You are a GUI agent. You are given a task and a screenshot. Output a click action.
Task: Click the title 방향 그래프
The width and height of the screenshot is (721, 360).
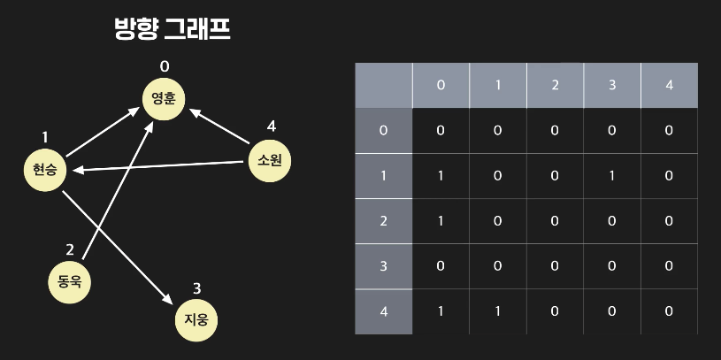[173, 29]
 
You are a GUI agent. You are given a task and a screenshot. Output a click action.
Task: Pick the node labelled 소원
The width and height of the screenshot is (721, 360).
[269, 161]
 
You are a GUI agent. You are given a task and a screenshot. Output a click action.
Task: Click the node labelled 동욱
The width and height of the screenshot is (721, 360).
[70, 281]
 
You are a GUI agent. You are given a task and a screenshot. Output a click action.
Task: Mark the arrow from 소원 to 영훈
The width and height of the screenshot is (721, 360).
[219, 127]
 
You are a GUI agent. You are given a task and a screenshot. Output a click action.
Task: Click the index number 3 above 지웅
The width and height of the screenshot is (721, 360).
[196, 287]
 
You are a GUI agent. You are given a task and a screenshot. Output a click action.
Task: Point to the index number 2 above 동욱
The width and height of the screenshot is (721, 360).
[71, 250]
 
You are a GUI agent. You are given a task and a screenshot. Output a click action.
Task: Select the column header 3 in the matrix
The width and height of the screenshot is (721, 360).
[612, 85]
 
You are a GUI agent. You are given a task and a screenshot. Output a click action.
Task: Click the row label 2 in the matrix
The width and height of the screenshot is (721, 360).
[383, 221]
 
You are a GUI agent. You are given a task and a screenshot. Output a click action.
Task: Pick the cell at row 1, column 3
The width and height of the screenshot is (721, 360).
[612, 175]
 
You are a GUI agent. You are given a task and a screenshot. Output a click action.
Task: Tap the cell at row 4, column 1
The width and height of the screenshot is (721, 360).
[497, 311]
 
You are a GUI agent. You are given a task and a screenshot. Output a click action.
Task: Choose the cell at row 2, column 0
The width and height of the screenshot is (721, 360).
[441, 221]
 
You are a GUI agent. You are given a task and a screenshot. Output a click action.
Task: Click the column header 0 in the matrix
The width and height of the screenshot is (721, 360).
[441, 85]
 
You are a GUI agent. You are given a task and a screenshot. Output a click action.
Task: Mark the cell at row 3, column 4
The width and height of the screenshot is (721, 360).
[669, 266]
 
